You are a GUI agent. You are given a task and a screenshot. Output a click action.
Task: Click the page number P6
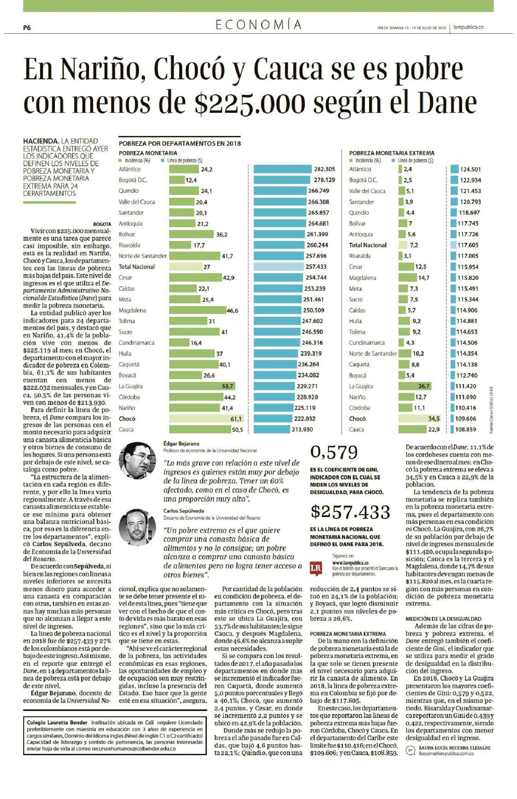tap(27, 28)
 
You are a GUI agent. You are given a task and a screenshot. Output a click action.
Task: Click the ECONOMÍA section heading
tap(258, 25)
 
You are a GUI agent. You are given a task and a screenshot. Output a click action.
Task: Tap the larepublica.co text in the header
tap(468, 27)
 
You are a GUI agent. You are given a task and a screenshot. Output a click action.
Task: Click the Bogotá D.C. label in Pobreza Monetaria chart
tap(133, 180)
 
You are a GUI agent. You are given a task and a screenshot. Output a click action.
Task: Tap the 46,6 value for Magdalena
tap(232, 311)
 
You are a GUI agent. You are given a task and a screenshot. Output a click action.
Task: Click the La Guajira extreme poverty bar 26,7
tap(415, 386)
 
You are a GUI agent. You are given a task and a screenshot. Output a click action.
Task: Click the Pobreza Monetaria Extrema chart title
tap(392, 153)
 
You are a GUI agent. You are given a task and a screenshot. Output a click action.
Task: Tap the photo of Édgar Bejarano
tap(138, 460)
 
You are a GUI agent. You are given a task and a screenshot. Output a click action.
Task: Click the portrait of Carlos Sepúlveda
tap(138, 527)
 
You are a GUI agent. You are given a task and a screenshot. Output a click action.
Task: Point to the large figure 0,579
tap(334, 452)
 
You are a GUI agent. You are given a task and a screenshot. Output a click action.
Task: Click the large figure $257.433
tap(350, 512)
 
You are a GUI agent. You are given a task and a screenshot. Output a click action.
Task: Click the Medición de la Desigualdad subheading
tap(443, 619)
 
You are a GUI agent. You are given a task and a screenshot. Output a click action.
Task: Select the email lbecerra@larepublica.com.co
tap(446, 753)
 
